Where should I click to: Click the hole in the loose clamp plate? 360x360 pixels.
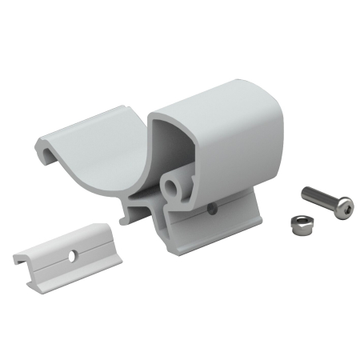[72, 256]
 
